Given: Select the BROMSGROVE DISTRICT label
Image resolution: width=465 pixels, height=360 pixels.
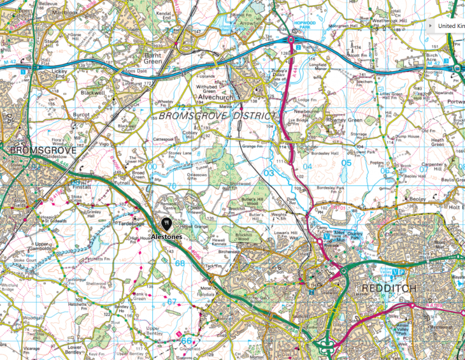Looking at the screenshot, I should point(217,116).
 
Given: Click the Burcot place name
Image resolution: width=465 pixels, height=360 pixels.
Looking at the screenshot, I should point(82,115).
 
